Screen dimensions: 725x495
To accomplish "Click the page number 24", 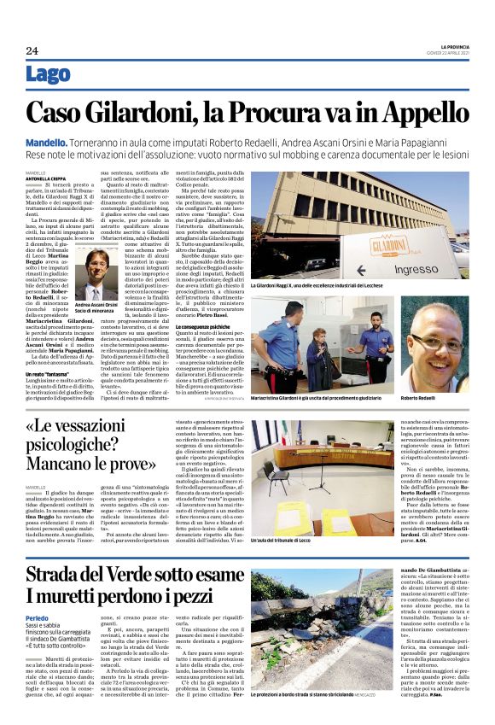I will [32, 51].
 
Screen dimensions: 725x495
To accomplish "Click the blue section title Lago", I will [48, 75].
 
